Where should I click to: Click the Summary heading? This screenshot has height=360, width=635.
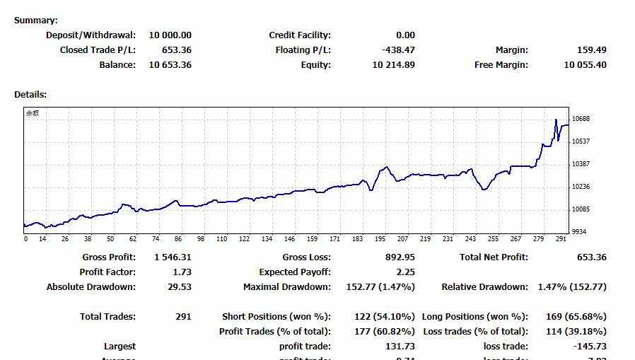(36, 21)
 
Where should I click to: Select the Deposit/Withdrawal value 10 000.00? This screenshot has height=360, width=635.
(170, 35)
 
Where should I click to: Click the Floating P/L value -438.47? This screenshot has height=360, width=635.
(398, 50)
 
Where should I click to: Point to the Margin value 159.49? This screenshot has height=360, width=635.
(592, 50)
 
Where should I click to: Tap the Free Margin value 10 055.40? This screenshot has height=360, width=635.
(585, 65)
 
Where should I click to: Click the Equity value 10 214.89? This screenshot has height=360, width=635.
(393, 65)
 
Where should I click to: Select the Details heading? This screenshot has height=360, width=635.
(30, 94)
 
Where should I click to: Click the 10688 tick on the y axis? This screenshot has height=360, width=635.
(581, 119)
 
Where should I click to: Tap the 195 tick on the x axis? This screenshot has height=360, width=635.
(380, 239)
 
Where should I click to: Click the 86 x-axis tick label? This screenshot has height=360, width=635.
(178, 239)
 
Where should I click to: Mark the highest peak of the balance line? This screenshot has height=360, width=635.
(556, 120)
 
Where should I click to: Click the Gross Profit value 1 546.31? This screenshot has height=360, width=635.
(173, 257)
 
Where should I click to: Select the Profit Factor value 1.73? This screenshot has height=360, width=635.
(182, 272)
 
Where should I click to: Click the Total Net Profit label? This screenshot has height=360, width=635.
(494, 257)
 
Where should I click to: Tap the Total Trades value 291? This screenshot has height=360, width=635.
(183, 317)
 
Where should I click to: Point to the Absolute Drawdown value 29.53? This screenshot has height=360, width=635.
(180, 287)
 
